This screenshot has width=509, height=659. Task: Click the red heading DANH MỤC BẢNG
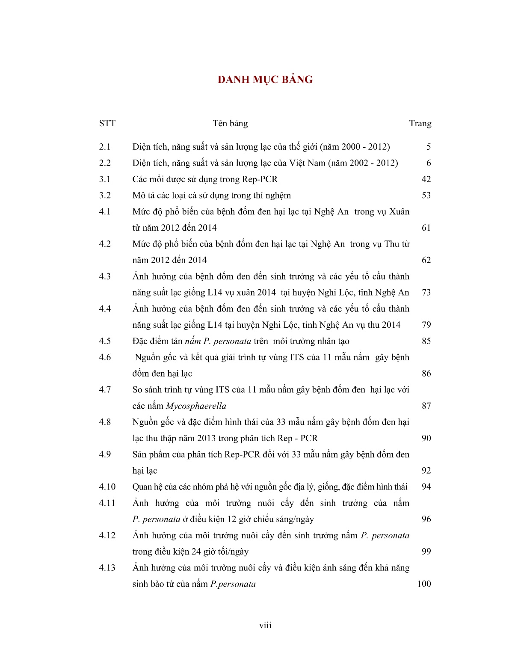point(265,80)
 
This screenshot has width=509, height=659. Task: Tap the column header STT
point(107,124)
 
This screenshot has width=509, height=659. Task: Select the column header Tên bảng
point(230,124)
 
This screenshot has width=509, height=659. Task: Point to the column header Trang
point(420,124)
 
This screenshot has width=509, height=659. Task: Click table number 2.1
point(105,147)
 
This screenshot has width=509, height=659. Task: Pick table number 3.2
point(105,196)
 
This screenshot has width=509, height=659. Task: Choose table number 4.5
point(105,341)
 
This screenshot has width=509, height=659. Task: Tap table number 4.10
point(107,487)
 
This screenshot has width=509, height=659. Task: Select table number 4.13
point(107,568)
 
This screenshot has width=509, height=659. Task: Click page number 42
point(426,179)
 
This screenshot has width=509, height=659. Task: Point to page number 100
point(424,584)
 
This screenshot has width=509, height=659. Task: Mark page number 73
point(426,293)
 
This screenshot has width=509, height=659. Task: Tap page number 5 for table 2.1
point(429,147)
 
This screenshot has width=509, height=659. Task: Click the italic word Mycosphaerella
point(196,406)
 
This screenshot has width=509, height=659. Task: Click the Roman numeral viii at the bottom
point(265,626)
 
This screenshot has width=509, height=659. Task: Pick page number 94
point(426,487)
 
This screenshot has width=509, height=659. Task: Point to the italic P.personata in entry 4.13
point(233,584)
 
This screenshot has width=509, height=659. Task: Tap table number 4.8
point(105,422)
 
